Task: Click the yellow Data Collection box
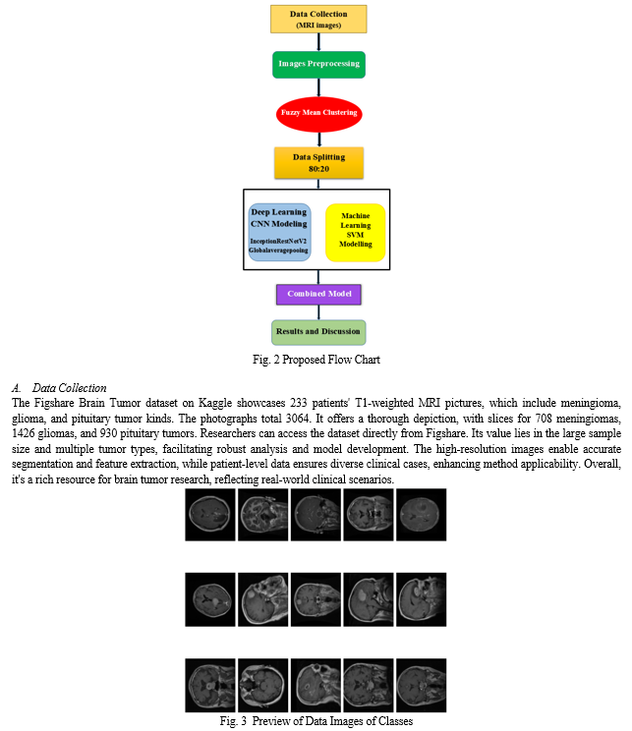point(318,19)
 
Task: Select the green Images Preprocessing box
point(318,64)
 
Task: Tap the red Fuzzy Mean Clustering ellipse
point(319,114)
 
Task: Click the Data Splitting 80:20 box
point(319,163)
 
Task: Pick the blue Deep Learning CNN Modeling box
point(279,232)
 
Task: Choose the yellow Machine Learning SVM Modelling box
point(356,232)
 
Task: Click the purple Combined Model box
point(318,294)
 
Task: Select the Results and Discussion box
point(318,332)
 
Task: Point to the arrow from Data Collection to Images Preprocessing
point(319,42)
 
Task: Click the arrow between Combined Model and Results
point(319,312)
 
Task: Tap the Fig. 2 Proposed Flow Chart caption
point(316,360)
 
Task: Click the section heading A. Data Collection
point(59,388)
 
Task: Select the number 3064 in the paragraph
point(298,419)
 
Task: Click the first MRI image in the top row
point(210,515)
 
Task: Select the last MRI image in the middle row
point(422,599)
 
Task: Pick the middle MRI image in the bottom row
point(316,686)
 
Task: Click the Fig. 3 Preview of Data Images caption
point(316,721)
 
